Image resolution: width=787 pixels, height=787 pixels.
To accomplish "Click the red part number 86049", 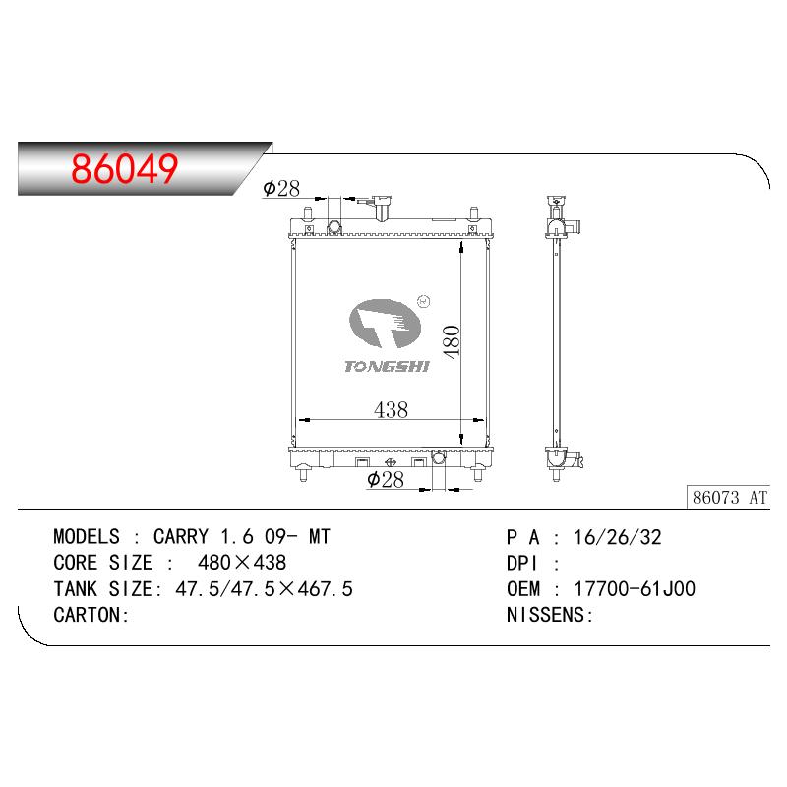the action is tap(125, 168).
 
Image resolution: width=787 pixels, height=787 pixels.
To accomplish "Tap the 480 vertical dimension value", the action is tap(452, 341).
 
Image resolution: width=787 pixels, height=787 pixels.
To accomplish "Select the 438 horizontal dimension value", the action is tap(391, 410).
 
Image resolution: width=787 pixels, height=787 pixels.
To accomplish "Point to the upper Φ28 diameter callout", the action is tap(281, 188).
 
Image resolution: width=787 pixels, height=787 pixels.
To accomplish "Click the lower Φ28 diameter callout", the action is tap(386, 479).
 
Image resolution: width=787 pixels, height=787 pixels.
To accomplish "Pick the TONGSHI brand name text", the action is tap(387, 366).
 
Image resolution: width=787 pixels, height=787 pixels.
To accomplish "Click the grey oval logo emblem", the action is tap(385, 324).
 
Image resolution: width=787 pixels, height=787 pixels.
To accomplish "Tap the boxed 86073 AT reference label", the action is tap(728, 498).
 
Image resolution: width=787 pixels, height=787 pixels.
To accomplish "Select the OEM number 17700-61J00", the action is tap(635, 588).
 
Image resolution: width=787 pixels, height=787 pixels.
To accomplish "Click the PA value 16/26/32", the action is tap(618, 537).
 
